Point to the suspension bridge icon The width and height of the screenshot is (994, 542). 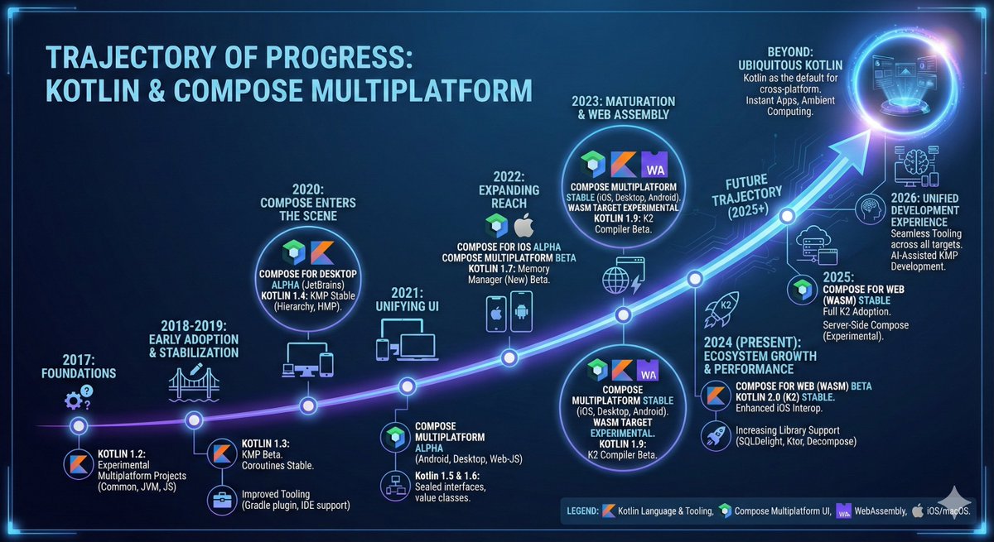click(x=193, y=383)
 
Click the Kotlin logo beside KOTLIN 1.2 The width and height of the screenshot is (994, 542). click(x=79, y=466)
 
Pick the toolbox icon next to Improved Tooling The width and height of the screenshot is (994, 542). click(x=222, y=499)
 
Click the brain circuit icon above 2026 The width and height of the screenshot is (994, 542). click(x=917, y=160)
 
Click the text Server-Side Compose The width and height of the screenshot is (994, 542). click(x=866, y=325)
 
